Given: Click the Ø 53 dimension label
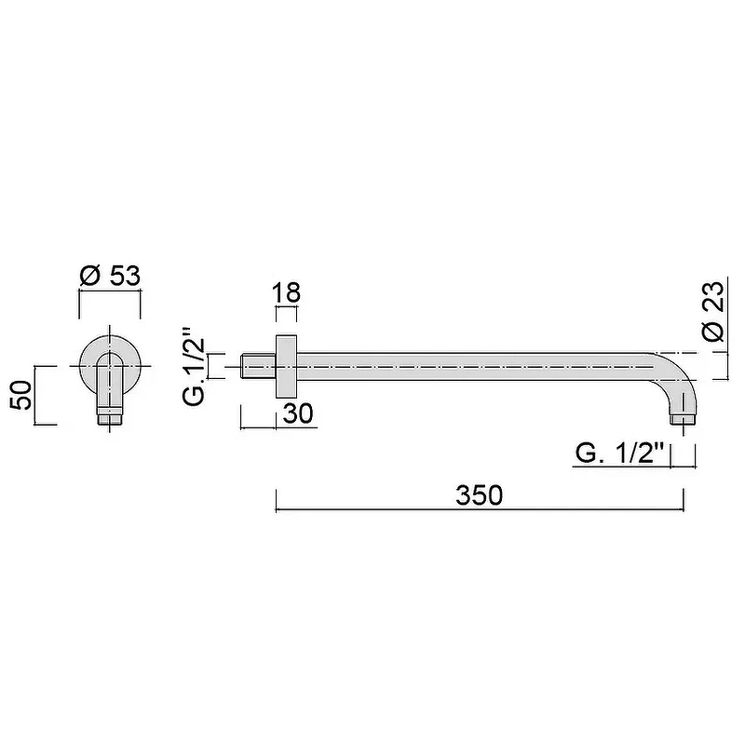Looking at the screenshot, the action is click(x=110, y=276).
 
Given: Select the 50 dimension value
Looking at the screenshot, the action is click(x=21, y=395).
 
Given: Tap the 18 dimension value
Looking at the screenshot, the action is click(x=287, y=292).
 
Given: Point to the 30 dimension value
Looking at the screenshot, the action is click(x=298, y=413).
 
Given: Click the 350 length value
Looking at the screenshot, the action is click(x=479, y=495).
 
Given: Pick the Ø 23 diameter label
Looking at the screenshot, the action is click(x=713, y=311).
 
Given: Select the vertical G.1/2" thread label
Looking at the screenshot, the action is click(x=194, y=366).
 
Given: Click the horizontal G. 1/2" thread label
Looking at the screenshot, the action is click(x=619, y=454).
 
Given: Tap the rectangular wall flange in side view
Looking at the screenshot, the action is click(x=287, y=366).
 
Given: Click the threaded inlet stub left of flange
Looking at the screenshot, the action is click(x=259, y=366).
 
